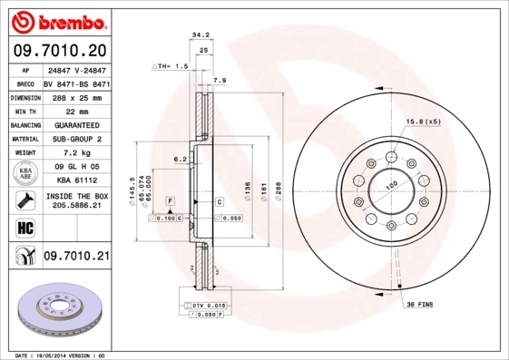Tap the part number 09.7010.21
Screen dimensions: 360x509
tap(76, 257)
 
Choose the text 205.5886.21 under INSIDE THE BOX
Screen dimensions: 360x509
tap(76, 207)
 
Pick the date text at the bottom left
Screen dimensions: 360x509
tap(62, 355)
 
